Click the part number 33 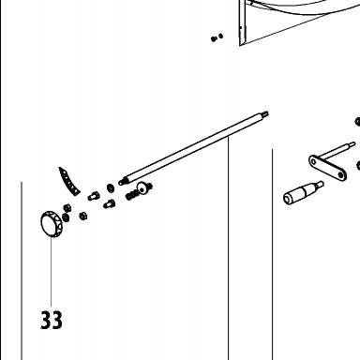[52, 320]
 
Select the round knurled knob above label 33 [52, 224]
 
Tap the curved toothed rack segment [69, 182]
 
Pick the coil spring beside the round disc [131, 195]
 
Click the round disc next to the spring [142, 187]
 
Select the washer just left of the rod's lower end [111, 188]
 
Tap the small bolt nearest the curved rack [94, 196]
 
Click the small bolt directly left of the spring [110, 204]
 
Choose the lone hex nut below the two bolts [83, 216]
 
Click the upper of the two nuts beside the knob [67, 208]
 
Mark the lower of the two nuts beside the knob [66, 217]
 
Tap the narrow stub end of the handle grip [320, 184]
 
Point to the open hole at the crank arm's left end [313, 162]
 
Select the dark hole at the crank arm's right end [340, 175]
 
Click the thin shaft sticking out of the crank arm [338, 150]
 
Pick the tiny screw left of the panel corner [217, 37]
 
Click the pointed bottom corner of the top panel [240, 46]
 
